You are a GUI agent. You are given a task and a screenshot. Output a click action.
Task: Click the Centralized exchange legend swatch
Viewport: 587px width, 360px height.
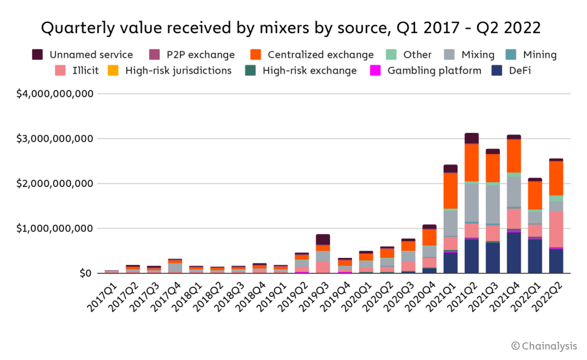click(x=256, y=55)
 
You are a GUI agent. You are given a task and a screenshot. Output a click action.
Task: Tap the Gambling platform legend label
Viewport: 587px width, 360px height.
click(x=434, y=71)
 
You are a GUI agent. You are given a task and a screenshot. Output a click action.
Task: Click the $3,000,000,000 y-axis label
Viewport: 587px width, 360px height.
click(x=56, y=138)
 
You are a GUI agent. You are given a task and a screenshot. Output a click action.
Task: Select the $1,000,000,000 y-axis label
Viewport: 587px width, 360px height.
click(x=56, y=228)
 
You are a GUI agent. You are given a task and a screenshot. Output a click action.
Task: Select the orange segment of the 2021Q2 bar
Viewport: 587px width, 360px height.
click(x=472, y=162)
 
